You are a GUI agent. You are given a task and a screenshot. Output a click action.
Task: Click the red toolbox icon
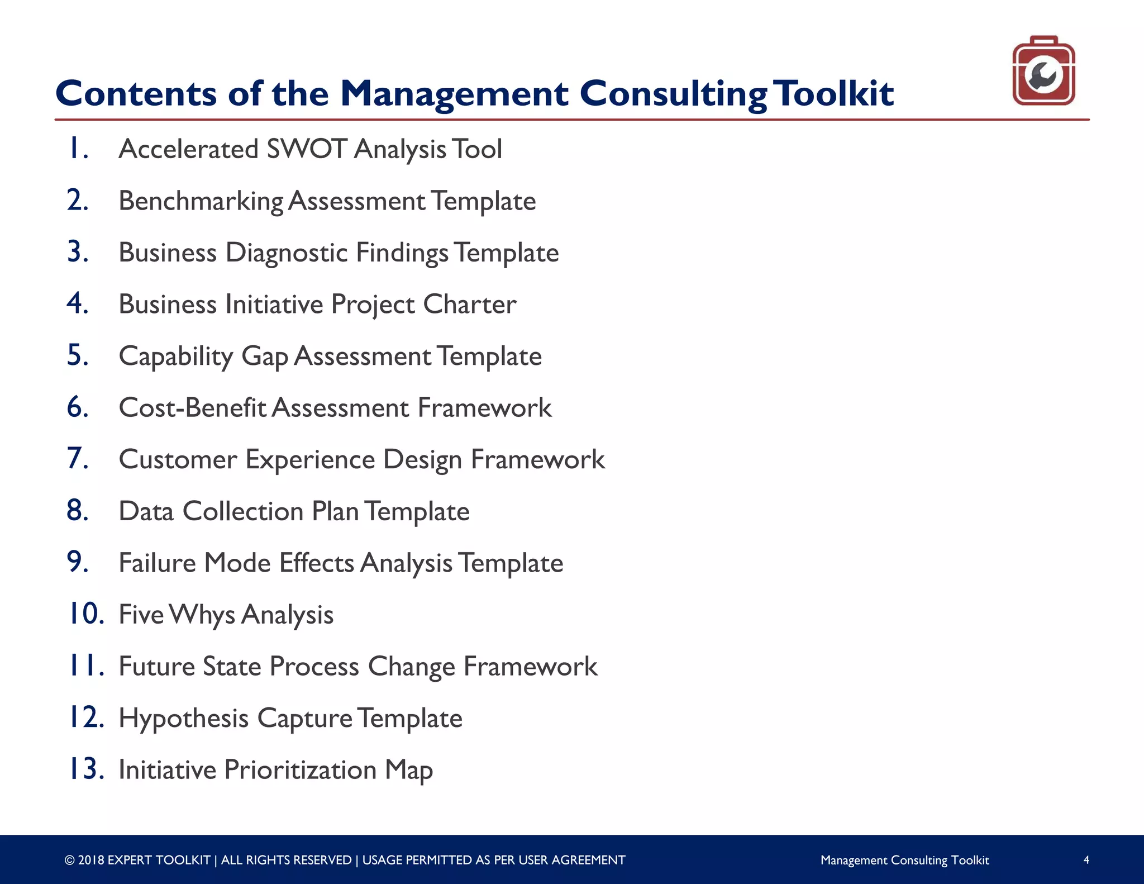pyautogui.click(x=1043, y=71)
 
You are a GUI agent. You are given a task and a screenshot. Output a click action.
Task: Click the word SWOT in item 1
pyautogui.click(x=307, y=150)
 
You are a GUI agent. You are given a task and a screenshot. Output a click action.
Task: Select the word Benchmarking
pyautogui.click(x=201, y=202)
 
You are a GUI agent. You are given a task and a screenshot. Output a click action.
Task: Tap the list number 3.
pyautogui.click(x=78, y=252)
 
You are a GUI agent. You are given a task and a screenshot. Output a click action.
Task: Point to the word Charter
pyautogui.click(x=469, y=305)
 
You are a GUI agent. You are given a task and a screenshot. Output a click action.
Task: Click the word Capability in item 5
pyautogui.click(x=176, y=357)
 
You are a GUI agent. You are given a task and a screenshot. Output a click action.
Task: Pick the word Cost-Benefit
pyautogui.click(x=192, y=408)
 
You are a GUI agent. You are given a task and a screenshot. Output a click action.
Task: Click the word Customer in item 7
pyautogui.click(x=178, y=460)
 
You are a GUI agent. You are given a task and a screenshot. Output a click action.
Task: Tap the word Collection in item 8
pyautogui.click(x=242, y=512)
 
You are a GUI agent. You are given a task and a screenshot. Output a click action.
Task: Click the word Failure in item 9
pyautogui.click(x=157, y=563)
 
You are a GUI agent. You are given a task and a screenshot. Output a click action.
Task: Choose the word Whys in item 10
pyautogui.click(x=202, y=615)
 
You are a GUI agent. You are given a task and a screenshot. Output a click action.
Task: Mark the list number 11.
pyautogui.click(x=85, y=666)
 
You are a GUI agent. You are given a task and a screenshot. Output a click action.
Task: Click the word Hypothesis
pyautogui.click(x=183, y=719)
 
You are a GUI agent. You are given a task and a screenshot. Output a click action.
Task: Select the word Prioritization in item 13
pyautogui.click(x=300, y=771)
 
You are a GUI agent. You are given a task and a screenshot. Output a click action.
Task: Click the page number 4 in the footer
pyautogui.click(x=1086, y=860)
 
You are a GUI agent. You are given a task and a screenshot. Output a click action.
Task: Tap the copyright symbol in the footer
pyautogui.click(x=69, y=861)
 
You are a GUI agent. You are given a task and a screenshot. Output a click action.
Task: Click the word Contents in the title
pyautogui.click(x=136, y=94)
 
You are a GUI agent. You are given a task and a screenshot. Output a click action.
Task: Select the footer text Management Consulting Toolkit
pyautogui.click(x=904, y=861)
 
